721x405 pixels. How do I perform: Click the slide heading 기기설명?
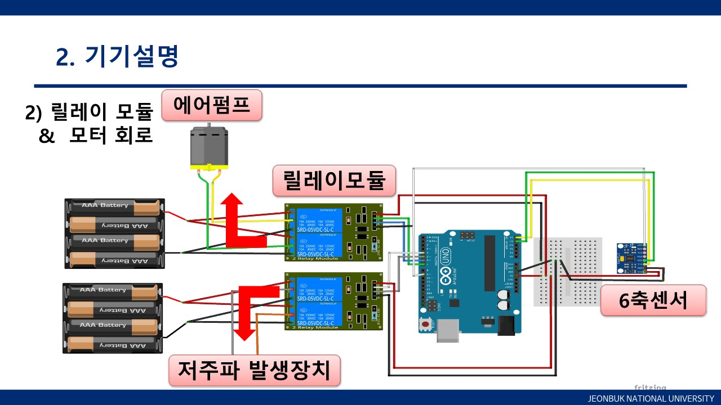117,56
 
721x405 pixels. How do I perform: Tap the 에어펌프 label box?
212,105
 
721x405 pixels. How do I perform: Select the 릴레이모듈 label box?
333,181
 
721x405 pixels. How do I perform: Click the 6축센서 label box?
653,300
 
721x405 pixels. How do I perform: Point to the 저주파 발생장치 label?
255,370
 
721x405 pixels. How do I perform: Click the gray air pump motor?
207,147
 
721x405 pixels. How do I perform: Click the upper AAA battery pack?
114,233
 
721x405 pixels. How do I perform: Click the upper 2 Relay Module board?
333,232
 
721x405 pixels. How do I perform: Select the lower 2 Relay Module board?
333,301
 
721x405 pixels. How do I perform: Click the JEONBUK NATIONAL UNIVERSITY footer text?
651,398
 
